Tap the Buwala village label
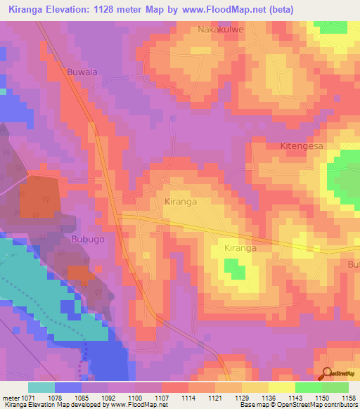(x=80, y=72)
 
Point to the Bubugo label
(x=88, y=239)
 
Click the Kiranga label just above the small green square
(x=240, y=248)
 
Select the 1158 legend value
(x=347, y=398)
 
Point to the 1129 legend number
(x=240, y=398)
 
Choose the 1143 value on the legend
(x=294, y=398)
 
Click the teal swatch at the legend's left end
(x=41, y=387)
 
